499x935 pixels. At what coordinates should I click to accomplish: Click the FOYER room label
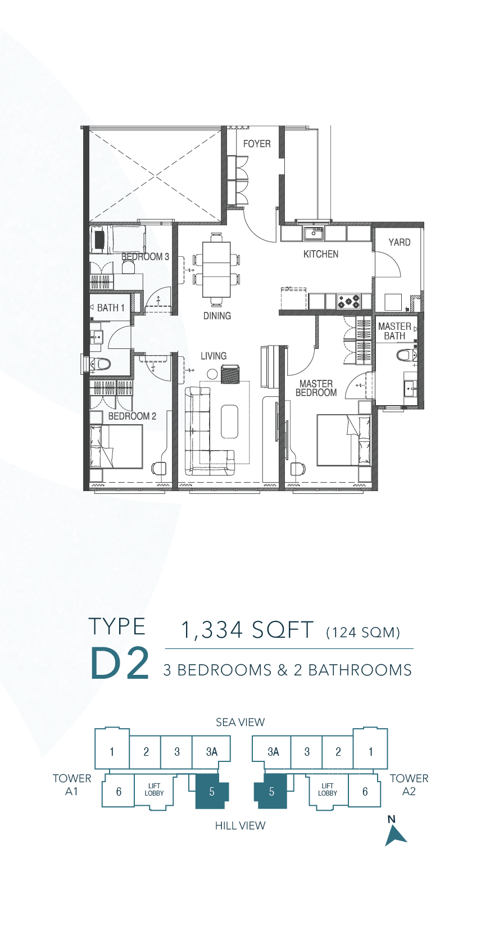click(x=257, y=144)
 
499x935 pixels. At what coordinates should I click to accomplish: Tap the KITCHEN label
click(x=321, y=254)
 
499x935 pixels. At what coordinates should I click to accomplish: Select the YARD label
click(x=399, y=242)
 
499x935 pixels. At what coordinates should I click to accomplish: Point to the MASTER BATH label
click(x=394, y=331)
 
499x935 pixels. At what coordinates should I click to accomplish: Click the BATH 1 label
click(x=111, y=307)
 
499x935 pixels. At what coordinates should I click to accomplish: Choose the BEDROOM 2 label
click(x=132, y=416)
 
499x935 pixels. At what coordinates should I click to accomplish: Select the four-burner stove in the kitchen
click(x=348, y=301)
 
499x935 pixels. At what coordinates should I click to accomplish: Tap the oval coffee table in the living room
click(x=230, y=421)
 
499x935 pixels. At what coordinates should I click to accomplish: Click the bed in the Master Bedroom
click(x=343, y=440)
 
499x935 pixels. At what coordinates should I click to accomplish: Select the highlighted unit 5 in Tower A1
click(x=212, y=791)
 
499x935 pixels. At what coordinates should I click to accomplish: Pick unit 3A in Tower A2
click(x=273, y=752)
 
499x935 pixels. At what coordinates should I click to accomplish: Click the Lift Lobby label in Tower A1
click(x=154, y=789)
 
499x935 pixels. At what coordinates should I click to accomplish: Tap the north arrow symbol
click(x=394, y=836)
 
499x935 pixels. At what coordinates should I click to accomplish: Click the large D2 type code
click(x=120, y=663)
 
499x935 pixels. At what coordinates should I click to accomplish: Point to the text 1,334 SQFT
click(x=247, y=630)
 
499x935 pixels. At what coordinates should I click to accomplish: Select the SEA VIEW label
click(x=240, y=722)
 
